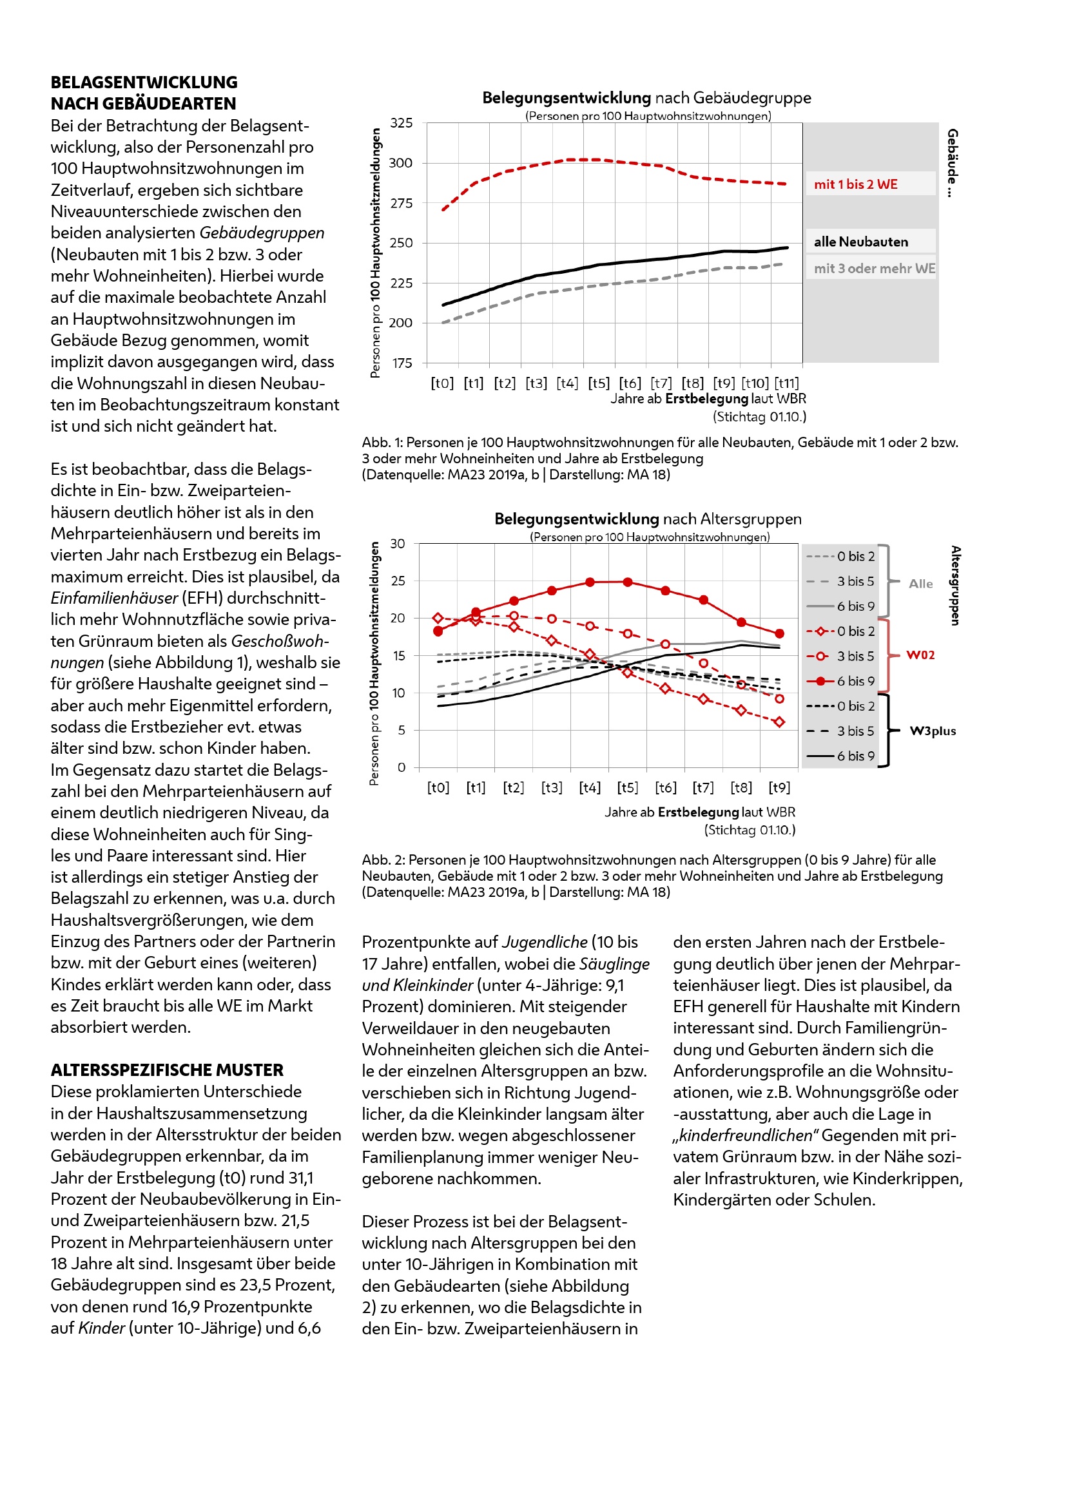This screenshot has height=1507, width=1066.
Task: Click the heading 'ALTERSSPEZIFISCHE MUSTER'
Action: [167, 1070]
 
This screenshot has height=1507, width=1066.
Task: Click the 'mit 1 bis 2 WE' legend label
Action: [855, 184]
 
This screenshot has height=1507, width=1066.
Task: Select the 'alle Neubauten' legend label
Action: [860, 242]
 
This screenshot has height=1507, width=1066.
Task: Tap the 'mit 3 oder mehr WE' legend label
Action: [875, 269]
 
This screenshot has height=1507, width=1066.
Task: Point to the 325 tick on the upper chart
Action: [401, 123]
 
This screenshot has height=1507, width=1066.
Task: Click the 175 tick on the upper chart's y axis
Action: [401, 363]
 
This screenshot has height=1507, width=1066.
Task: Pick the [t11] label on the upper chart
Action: [786, 383]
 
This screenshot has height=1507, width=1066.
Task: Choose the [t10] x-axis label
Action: [755, 383]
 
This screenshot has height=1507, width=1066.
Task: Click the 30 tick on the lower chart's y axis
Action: [398, 544]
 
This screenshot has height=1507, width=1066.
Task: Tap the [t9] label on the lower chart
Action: [779, 787]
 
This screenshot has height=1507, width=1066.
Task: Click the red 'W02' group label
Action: [920, 655]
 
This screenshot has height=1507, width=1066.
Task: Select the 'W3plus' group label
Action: [932, 731]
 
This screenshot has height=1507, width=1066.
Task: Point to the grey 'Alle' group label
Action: [920, 584]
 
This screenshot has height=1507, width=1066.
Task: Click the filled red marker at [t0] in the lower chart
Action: [438, 631]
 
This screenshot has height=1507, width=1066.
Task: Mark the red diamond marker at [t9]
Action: [779, 722]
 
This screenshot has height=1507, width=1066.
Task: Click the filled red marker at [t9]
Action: [779, 633]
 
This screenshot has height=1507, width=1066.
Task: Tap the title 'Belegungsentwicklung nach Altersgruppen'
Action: [647, 519]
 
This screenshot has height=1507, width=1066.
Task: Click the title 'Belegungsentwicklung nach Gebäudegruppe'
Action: [646, 99]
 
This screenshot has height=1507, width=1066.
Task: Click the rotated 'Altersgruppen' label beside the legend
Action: [956, 585]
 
